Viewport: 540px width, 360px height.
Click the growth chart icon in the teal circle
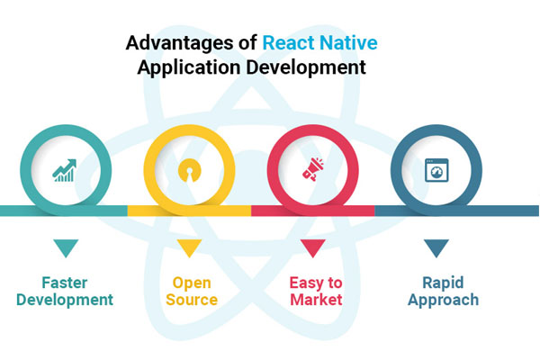coord(65,170)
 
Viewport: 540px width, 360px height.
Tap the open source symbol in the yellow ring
coord(189,170)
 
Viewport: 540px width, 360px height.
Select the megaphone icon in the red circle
coord(313,169)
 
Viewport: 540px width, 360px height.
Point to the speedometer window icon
coord(436,170)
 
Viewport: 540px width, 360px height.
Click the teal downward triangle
coord(66,247)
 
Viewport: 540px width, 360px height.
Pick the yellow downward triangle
coord(189,247)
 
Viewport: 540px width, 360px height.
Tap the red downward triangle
coord(313,247)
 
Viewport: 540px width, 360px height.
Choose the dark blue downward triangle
coord(436,247)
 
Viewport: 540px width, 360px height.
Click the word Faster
coord(65,283)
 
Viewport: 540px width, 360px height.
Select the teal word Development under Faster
coord(65,300)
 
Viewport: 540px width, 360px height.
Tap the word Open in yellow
coord(192,283)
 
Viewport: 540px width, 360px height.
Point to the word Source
coord(192,300)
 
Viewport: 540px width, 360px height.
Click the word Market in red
coord(316,300)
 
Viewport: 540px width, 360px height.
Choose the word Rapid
coord(443,283)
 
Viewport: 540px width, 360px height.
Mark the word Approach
coord(443,301)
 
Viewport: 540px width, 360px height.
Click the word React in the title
coord(288,43)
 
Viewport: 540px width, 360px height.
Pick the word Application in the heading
coord(189,67)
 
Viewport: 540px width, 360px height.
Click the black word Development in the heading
coord(306,67)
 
